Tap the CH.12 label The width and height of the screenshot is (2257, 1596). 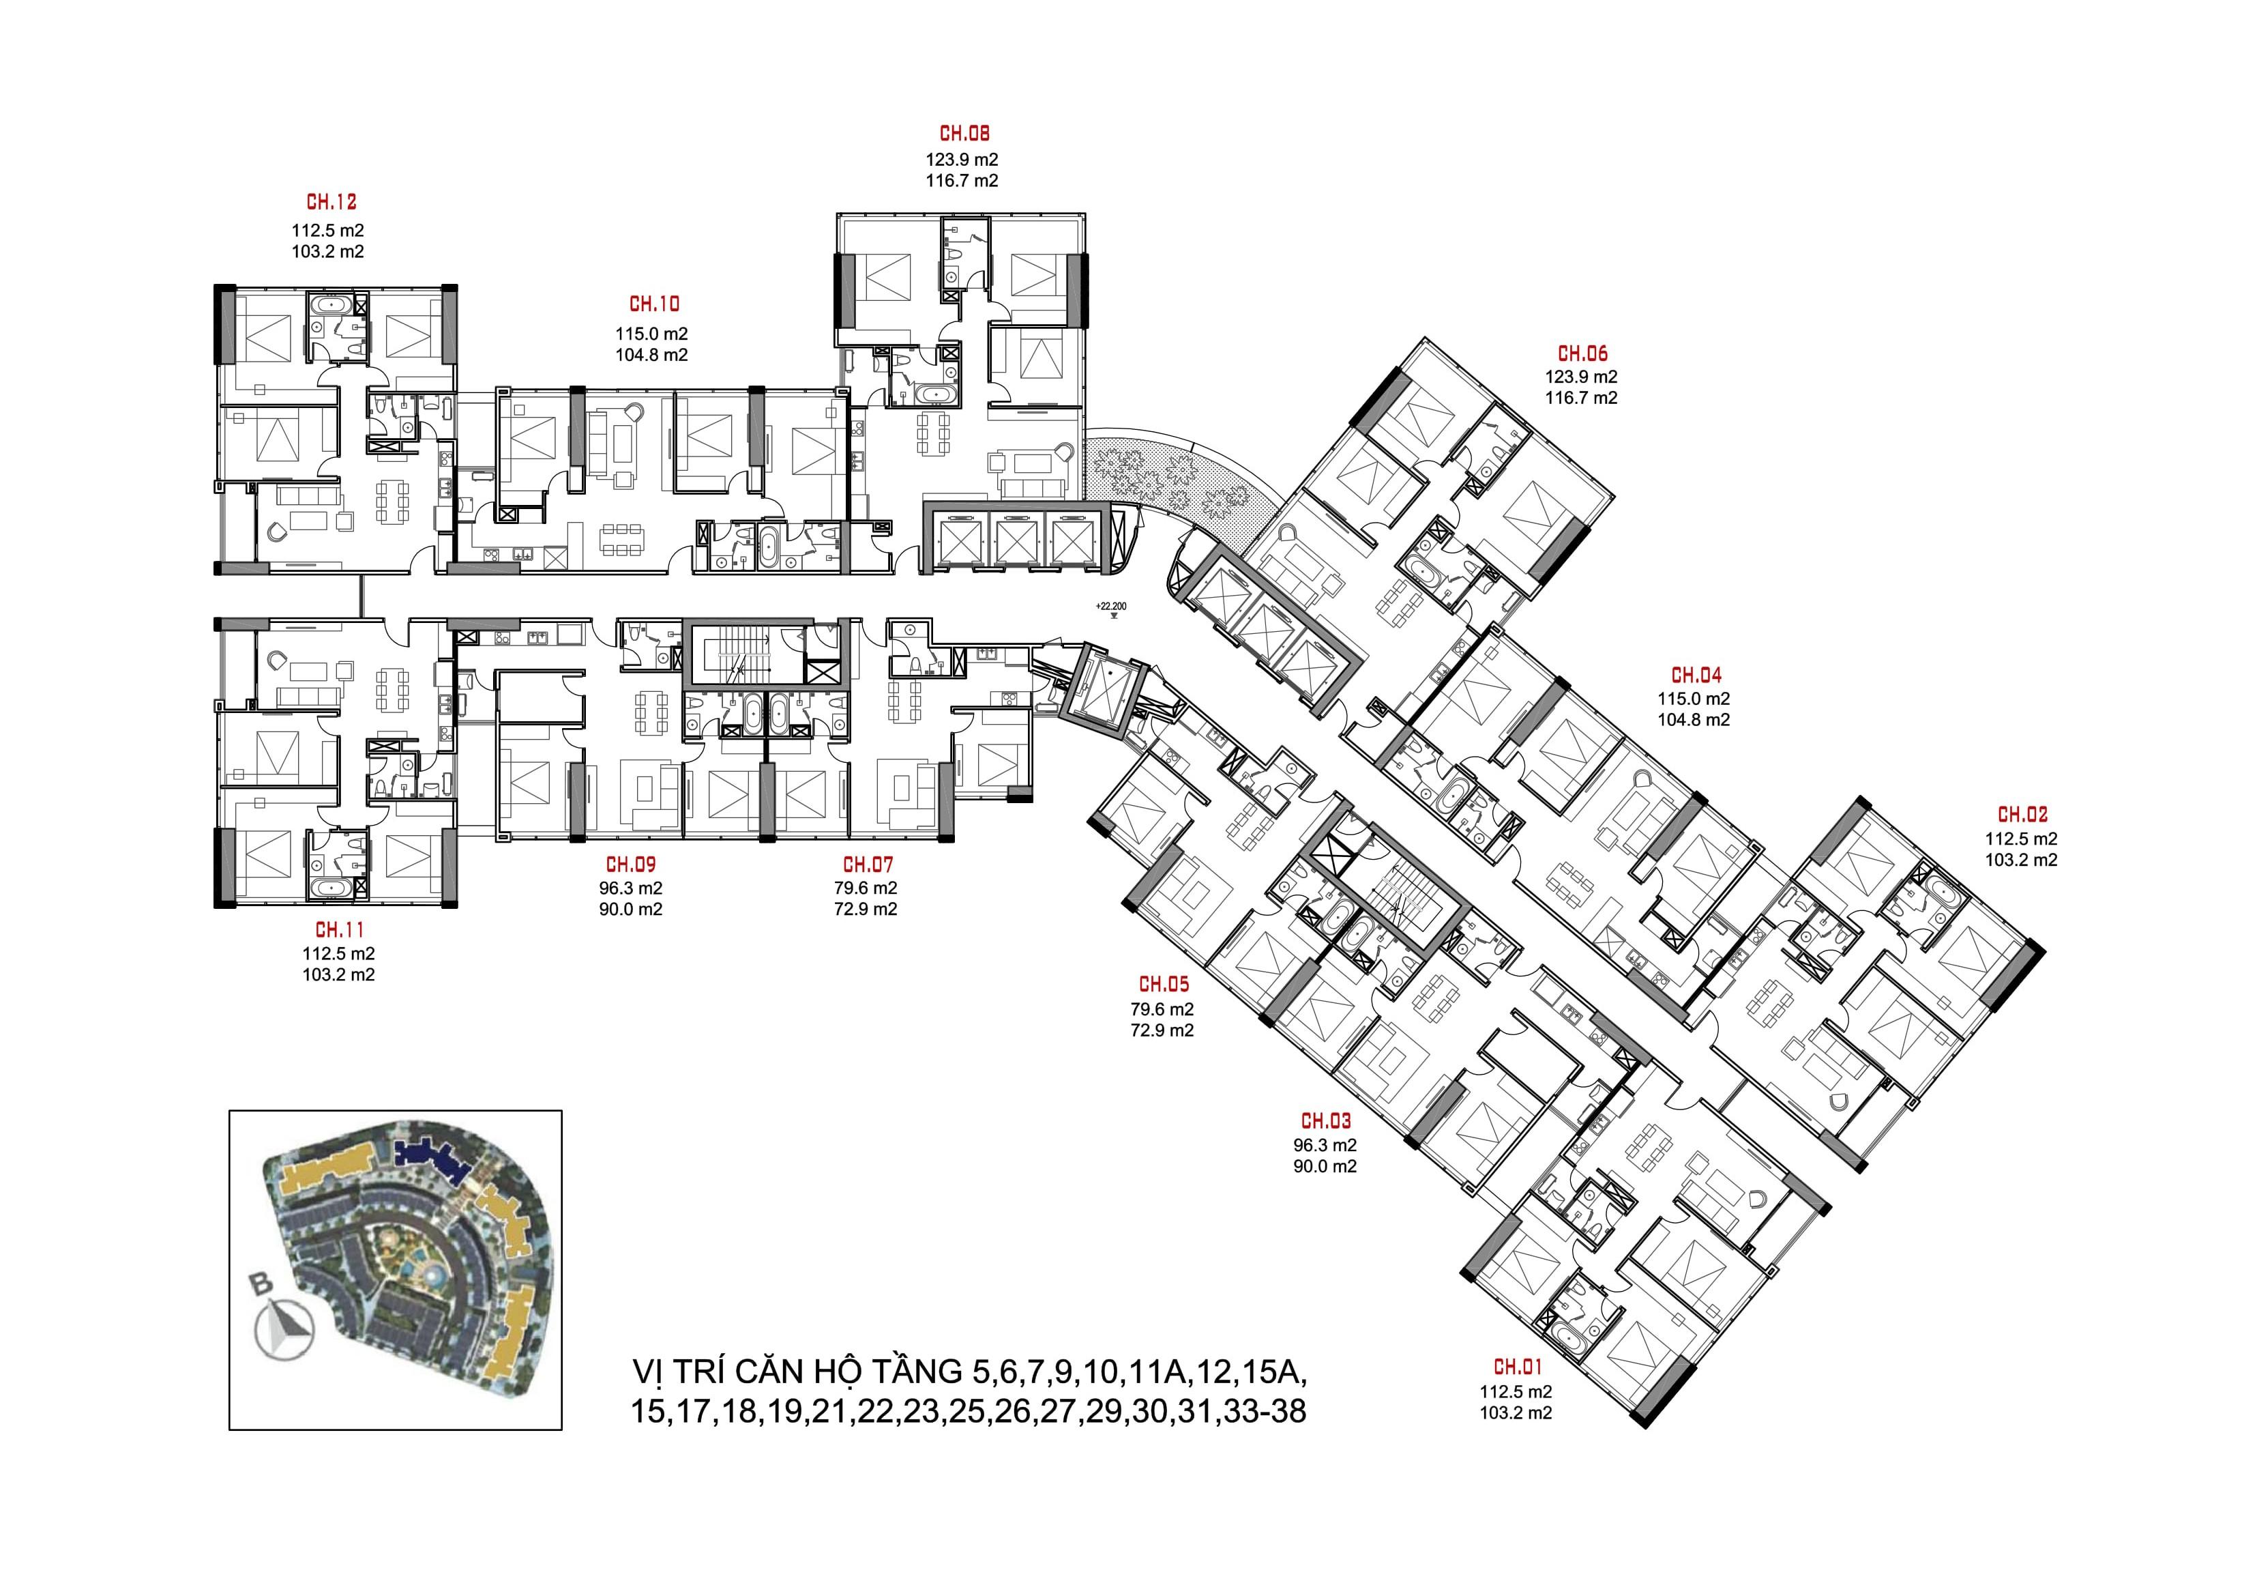(x=331, y=203)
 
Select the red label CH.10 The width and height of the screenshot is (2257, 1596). (x=653, y=305)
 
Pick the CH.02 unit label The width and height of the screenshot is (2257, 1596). (x=2023, y=815)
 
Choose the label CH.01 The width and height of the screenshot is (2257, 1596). (x=1518, y=1367)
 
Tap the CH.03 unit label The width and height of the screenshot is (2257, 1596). (x=1326, y=1121)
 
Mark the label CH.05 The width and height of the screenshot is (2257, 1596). (x=1164, y=985)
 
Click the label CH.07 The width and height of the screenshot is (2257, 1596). (x=868, y=865)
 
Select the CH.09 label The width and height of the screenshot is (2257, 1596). (x=630, y=865)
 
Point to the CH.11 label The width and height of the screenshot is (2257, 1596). (x=339, y=929)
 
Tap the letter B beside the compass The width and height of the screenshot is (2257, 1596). (x=261, y=1283)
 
